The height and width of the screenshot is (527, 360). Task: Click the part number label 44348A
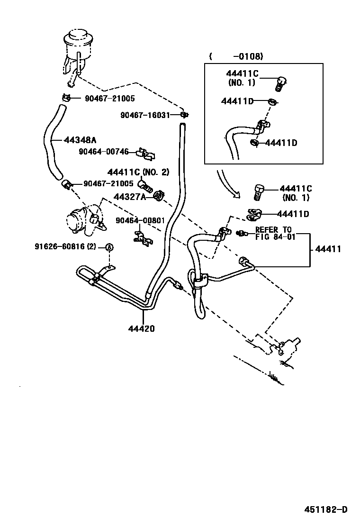point(80,140)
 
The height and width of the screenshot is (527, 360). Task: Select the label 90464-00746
point(103,152)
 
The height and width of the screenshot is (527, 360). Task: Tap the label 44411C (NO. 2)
point(138,172)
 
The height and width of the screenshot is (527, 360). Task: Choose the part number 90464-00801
point(139,220)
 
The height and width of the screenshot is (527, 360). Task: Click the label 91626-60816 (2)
point(65,246)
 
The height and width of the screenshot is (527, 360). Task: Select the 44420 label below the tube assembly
point(141,328)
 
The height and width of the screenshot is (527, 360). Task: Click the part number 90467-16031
point(145,115)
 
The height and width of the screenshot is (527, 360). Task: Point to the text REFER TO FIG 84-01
point(275,234)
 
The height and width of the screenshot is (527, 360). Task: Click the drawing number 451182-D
point(325,509)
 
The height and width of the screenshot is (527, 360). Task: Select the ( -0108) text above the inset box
point(235,56)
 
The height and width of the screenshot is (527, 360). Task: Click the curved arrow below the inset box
point(226,185)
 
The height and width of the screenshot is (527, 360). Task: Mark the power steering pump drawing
point(83,220)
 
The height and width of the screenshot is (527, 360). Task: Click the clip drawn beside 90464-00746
point(146,154)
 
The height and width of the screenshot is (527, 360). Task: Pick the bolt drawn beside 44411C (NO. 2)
point(145,185)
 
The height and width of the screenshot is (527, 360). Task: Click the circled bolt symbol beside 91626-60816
point(108,247)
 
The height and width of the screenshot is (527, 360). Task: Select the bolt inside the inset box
point(281,83)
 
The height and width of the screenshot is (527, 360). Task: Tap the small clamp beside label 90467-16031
point(184,115)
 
